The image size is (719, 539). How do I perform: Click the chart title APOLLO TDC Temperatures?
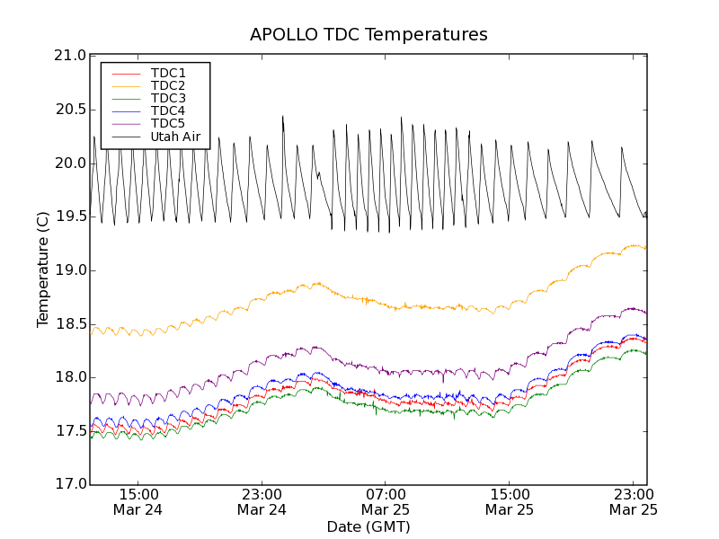click(x=368, y=35)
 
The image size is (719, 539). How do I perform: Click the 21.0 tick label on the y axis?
click(x=69, y=56)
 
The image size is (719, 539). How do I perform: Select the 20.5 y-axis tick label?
click(x=69, y=110)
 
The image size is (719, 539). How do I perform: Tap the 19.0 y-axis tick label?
click(x=69, y=270)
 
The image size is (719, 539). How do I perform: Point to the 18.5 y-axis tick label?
click(x=69, y=323)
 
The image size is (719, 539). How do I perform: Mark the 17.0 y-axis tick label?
click(x=69, y=484)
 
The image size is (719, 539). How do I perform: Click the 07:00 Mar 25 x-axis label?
click(x=386, y=501)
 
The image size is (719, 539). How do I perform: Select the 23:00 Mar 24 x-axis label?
click(x=262, y=501)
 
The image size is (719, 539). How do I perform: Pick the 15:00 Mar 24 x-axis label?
click(x=138, y=501)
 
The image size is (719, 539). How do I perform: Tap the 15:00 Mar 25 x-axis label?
click(x=510, y=501)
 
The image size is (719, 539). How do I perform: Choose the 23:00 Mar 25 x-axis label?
click(x=633, y=501)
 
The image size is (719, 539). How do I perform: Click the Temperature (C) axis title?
click(x=43, y=269)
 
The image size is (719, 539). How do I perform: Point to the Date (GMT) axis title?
click(x=368, y=526)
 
